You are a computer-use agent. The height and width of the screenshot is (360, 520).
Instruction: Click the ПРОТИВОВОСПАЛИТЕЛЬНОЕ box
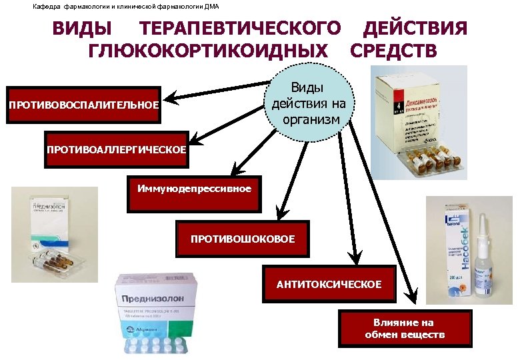tap(84, 105)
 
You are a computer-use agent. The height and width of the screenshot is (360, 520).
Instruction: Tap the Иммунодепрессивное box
tap(194, 189)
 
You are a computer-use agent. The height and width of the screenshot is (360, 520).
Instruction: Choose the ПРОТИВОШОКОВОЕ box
tap(243, 238)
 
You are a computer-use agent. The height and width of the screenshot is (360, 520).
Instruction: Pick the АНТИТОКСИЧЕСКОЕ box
tap(329, 285)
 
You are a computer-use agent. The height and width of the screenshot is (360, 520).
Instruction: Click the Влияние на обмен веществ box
tap(405, 329)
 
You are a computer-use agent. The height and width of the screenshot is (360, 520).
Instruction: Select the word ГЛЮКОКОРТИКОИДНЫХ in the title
tap(208, 51)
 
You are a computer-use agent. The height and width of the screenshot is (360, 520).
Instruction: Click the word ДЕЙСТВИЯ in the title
tap(414, 29)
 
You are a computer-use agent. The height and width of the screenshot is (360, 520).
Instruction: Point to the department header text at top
tap(125, 7)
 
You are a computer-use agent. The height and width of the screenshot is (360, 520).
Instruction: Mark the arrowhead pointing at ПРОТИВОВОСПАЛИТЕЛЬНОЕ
tap(171, 99)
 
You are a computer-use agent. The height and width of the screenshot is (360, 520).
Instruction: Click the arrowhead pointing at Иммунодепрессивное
tap(233, 171)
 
